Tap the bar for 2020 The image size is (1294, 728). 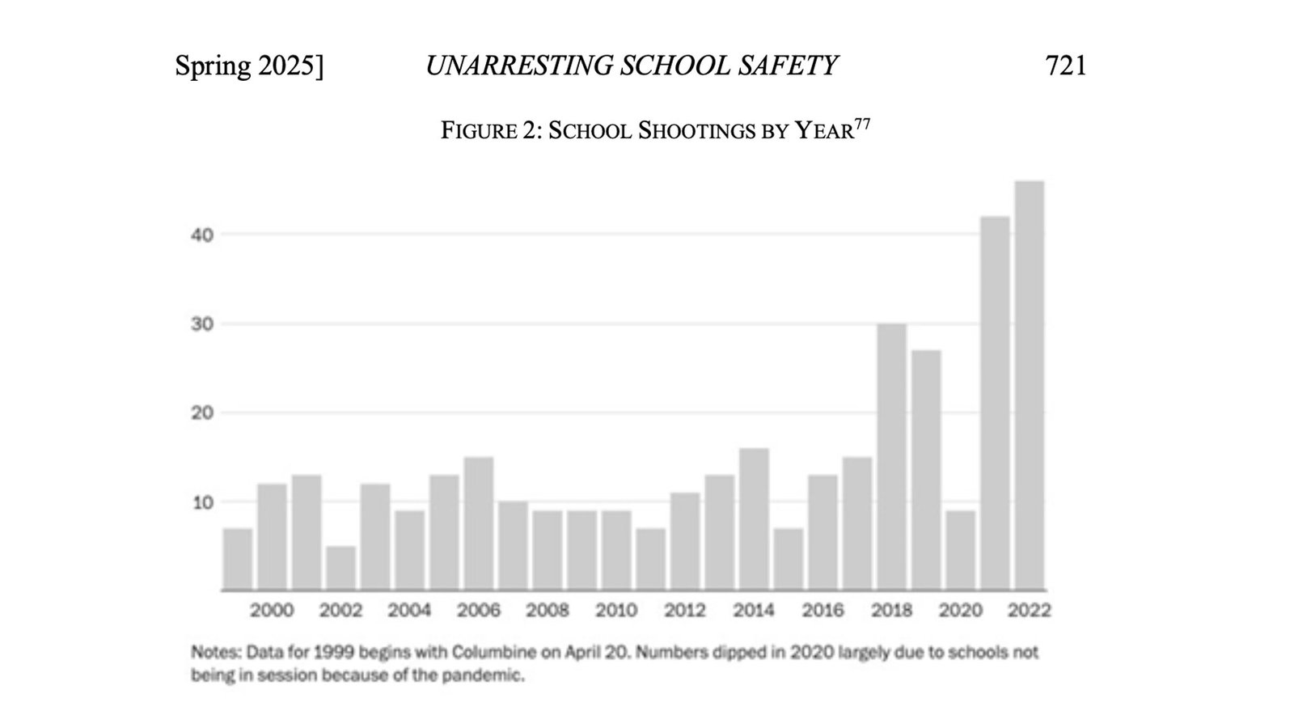point(960,550)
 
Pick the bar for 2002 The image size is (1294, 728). point(340,568)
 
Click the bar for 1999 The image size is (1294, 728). point(238,559)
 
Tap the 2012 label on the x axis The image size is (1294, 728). point(685,610)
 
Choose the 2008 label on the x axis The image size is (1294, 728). point(548,610)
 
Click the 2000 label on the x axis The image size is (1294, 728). point(272,610)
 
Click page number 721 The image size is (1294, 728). point(1066,66)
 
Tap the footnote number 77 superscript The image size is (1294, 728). point(863,124)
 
